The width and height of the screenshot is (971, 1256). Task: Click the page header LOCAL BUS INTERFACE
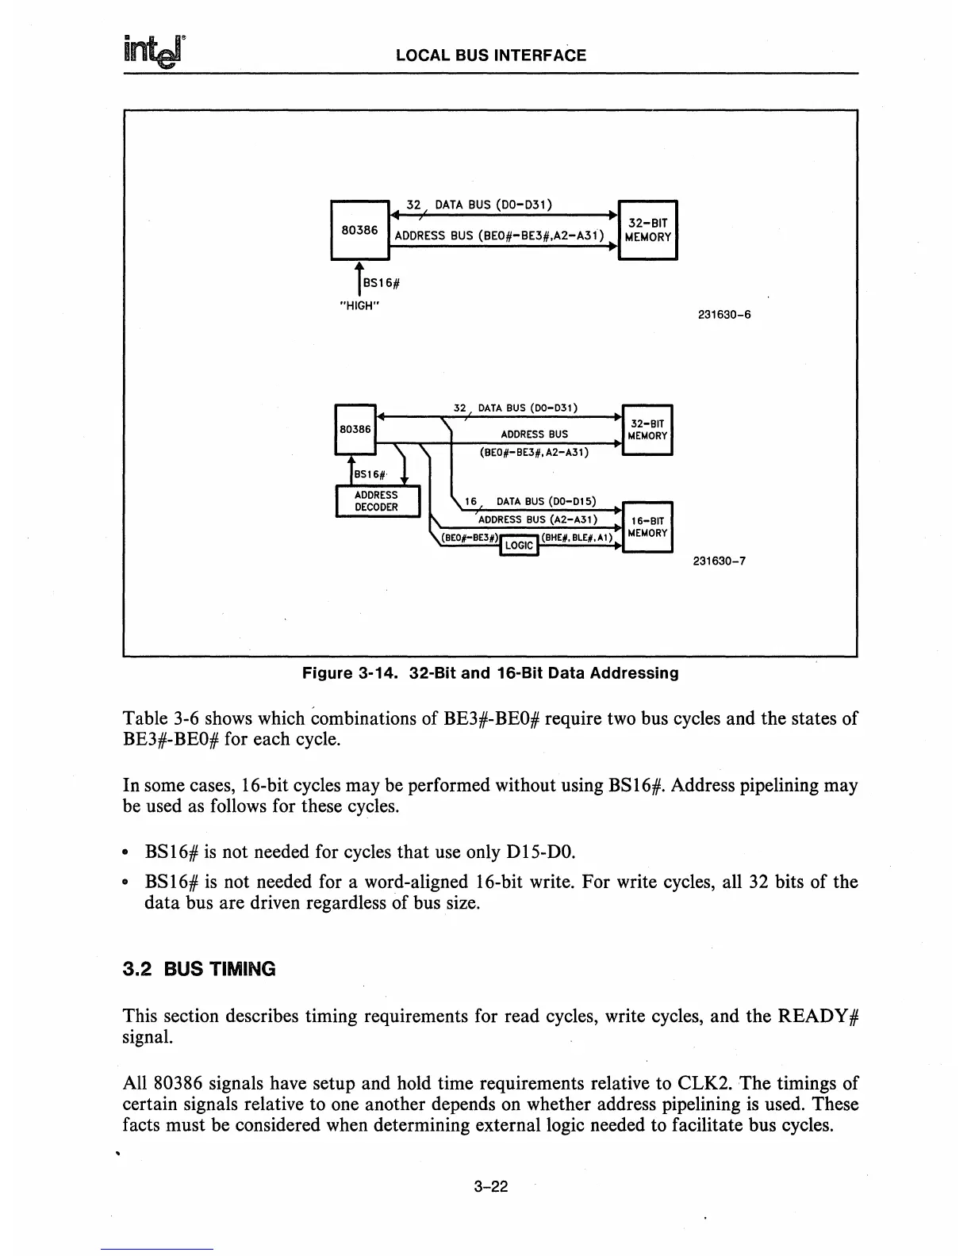tap(490, 56)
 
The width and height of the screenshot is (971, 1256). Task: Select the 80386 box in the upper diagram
tap(359, 230)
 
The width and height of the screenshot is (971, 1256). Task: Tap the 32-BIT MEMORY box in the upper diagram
tap(647, 230)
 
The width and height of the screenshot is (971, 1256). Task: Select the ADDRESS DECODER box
tap(377, 501)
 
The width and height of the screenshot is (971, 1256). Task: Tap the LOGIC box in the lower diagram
tap(519, 546)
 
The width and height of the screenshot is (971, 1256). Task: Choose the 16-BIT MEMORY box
tap(647, 527)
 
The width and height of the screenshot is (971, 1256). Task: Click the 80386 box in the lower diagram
tap(355, 429)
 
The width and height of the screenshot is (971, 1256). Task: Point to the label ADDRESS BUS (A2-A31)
tap(547, 519)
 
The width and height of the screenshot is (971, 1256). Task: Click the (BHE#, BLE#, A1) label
tap(578, 537)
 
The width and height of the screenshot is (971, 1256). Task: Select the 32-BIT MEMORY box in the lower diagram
tap(647, 430)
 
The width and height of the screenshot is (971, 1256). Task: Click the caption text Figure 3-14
tap(353, 674)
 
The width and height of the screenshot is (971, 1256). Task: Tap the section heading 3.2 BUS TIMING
tap(199, 969)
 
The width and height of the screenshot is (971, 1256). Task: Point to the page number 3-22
tap(489, 1186)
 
